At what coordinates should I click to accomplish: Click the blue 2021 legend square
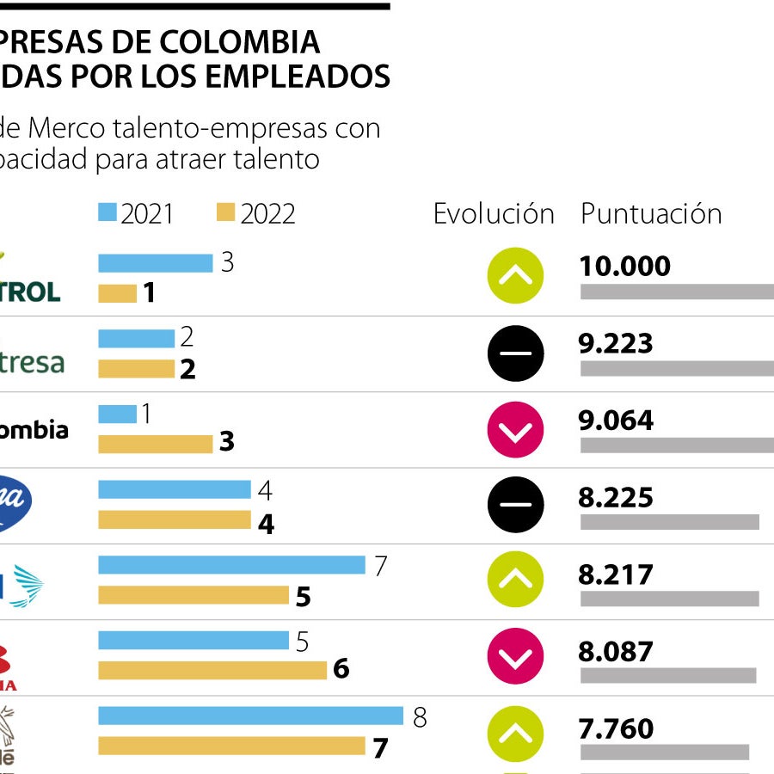tap(107, 212)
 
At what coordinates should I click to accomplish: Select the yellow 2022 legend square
tap(226, 212)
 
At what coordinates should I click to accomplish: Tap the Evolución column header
tap(494, 213)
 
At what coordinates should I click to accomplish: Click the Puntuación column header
tap(651, 213)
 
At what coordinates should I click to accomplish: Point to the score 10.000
tap(624, 267)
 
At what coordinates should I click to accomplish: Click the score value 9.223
tap(616, 344)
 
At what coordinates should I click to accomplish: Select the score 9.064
tap(616, 421)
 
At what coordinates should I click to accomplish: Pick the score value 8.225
tap(616, 497)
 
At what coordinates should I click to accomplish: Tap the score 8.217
tap(616, 574)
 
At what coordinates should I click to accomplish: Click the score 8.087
tap(616, 651)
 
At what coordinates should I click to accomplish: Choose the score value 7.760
tap(616, 728)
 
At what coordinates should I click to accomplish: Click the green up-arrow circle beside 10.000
tap(515, 276)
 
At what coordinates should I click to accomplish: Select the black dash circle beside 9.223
tap(515, 353)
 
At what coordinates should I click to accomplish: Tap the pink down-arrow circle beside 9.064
tap(515, 429)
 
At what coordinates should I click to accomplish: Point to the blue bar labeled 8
tap(250, 716)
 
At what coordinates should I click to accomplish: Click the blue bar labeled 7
tap(231, 565)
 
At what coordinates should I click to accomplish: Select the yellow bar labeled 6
tap(212, 669)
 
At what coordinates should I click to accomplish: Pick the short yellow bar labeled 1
tap(117, 293)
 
